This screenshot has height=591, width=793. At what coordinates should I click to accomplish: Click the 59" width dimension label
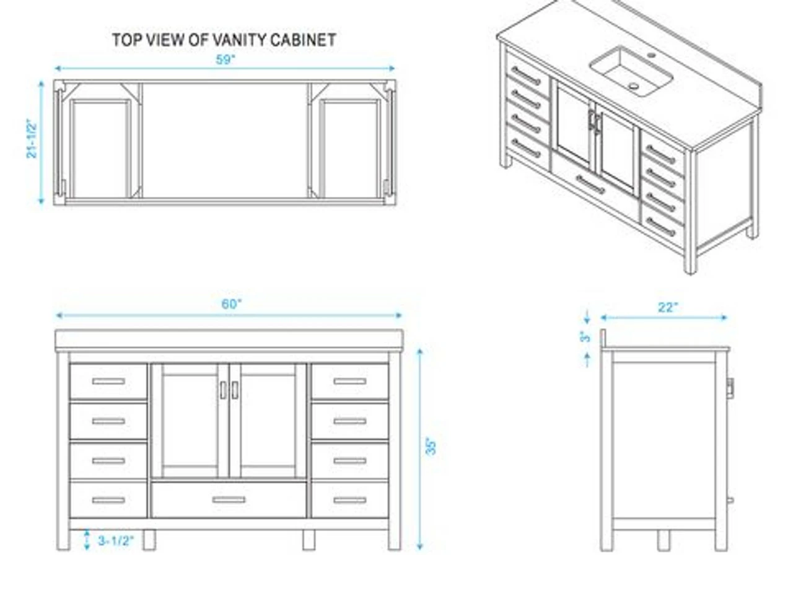(x=225, y=59)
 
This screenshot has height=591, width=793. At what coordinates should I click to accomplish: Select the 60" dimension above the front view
(x=231, y=304)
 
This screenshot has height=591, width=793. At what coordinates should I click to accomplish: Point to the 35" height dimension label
(x=431, y=446)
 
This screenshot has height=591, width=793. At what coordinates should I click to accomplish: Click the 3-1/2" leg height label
(x=116, y=541)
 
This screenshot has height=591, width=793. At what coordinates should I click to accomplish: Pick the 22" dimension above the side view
(x=668, y=307)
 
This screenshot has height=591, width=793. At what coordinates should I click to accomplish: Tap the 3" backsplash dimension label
(x=585, y=336)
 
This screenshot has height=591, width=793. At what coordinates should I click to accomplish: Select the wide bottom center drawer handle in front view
(x=229, y=499)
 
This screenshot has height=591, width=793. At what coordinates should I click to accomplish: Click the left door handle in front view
(x=223, y=390)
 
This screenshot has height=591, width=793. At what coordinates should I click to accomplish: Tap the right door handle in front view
(x=235, y=390)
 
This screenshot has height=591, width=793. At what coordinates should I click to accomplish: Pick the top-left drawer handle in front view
(x=108, y=381)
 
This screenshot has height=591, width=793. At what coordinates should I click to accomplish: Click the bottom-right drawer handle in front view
(x=349, y=500)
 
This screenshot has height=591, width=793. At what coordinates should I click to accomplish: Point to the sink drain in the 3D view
(x=633, y=86)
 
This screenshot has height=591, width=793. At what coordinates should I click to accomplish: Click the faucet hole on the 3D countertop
(x=651, y=56)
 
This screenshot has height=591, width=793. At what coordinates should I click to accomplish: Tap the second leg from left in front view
(x=149, y=540)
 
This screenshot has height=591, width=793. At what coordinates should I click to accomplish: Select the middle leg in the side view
(x=664, y=540)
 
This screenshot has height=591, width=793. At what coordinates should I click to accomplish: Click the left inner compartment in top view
(x=101, y=149)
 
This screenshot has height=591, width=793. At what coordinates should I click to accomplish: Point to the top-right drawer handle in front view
(x=349, y=381)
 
